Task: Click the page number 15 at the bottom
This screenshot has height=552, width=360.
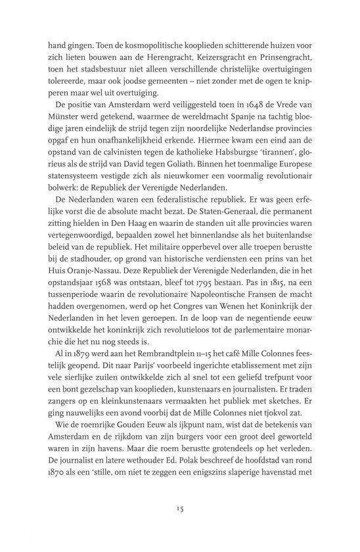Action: point(180,508)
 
